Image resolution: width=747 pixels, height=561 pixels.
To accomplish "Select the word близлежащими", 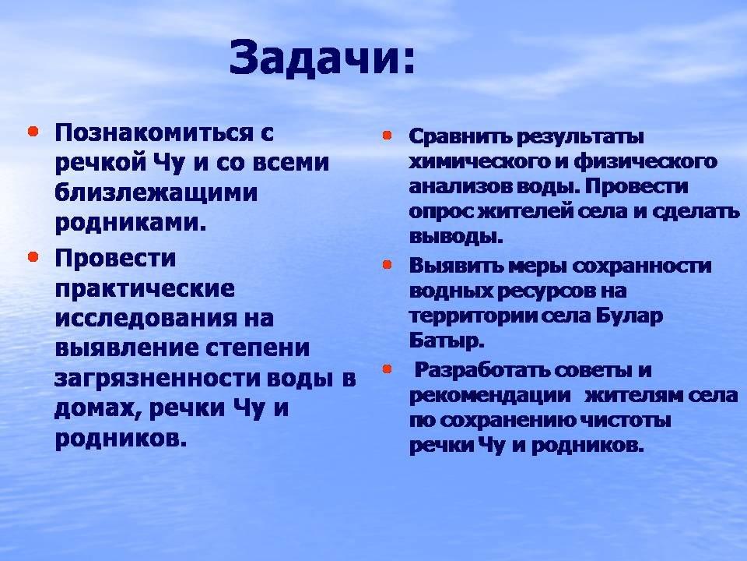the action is pos(156,193).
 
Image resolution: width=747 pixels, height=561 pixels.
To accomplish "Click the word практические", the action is pos(145,289).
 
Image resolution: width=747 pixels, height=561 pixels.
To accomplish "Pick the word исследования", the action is pos(146,318).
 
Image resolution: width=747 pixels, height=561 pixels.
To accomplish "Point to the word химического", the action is pos(479,162).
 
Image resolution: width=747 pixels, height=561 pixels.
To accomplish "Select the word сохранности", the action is pos(641,266).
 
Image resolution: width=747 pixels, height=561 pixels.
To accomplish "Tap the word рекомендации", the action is pos(490,397).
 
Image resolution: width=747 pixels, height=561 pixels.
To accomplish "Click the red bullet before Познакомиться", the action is pos(33,131).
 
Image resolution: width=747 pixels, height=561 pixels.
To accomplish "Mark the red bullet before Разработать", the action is pos(387,369).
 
